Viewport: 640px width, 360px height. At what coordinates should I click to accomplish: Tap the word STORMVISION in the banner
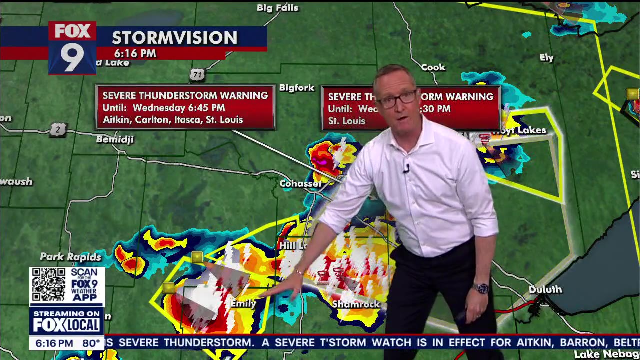coord(174,38)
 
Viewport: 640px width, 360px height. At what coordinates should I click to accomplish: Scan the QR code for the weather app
coord(48,284)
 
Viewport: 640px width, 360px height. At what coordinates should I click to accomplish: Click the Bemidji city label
coord(115,139)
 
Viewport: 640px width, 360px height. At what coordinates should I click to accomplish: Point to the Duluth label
coord(545,289)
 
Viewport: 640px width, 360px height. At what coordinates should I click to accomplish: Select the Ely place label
coord(546,58)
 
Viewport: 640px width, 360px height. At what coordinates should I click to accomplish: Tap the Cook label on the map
coord(433,67)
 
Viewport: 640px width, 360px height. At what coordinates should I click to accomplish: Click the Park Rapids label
coord(70,257)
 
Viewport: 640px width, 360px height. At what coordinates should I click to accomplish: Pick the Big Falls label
coord(277,8)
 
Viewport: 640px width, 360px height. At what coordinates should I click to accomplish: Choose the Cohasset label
coord(300,184)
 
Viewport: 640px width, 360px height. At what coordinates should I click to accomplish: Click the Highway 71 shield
coord(197,75)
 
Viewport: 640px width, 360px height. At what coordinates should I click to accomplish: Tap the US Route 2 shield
coord(58,130)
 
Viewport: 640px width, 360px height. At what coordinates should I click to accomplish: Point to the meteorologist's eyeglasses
coord(397,99)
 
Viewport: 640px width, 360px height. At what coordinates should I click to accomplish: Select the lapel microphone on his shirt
coord(406,168)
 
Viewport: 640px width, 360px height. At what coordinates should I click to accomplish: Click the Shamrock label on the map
coord(356,304)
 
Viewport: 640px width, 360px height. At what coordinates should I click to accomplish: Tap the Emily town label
coord(243,303)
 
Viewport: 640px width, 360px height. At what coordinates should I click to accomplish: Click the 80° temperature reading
coord(91,343)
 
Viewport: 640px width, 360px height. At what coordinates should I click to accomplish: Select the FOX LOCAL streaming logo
coord(66,322)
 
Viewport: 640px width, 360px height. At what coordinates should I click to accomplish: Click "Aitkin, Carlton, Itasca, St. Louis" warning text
coord(173,120)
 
